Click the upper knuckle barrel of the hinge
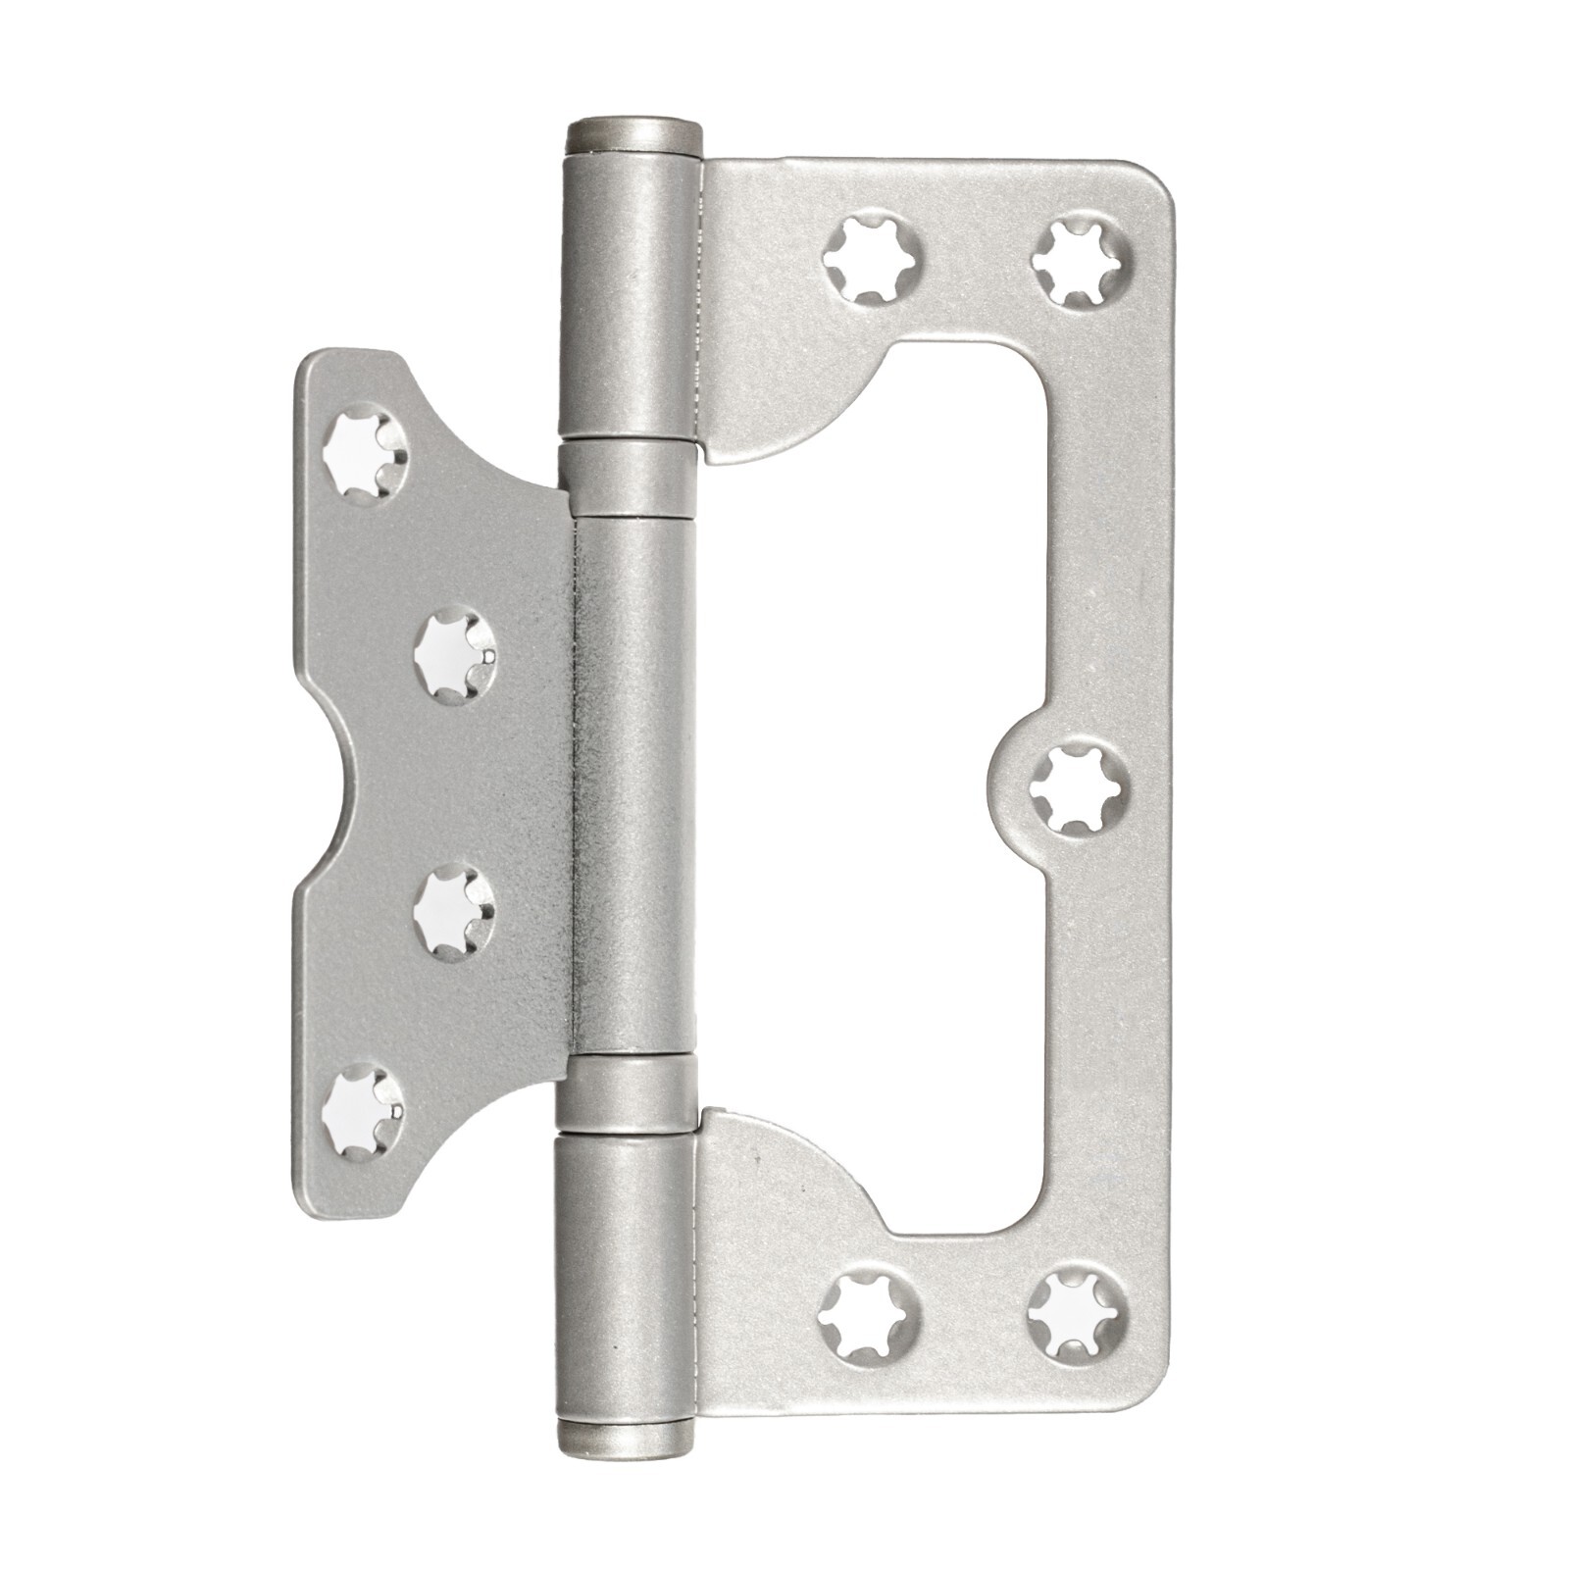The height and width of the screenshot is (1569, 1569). point(632,294)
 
